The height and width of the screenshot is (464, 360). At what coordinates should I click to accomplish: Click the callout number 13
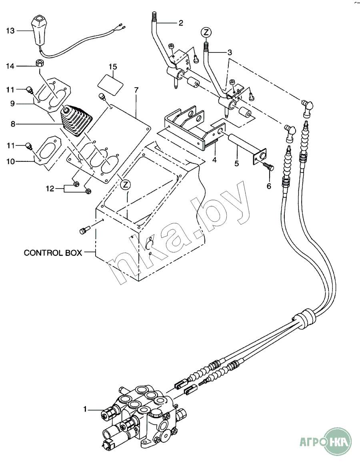point(10,30)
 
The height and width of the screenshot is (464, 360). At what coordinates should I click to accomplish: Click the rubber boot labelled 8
point(76,121)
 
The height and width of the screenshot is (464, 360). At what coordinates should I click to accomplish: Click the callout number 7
point(136,90)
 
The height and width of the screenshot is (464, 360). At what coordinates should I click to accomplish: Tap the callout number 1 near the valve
point(85,409)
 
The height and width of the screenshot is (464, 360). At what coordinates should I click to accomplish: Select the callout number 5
point(236,163)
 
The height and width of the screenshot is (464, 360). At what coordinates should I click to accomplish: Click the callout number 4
point(214,160)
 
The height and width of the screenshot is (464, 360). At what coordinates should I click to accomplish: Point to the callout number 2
point(181,23)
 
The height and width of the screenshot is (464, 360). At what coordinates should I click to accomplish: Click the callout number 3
point(230,52)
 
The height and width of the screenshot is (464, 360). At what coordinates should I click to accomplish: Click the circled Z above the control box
point(125,185)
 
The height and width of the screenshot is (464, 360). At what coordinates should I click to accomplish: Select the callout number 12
point(50,189)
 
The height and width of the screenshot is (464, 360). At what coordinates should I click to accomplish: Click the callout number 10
point(10,161)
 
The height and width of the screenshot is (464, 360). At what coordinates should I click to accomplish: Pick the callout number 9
point(12,104)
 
